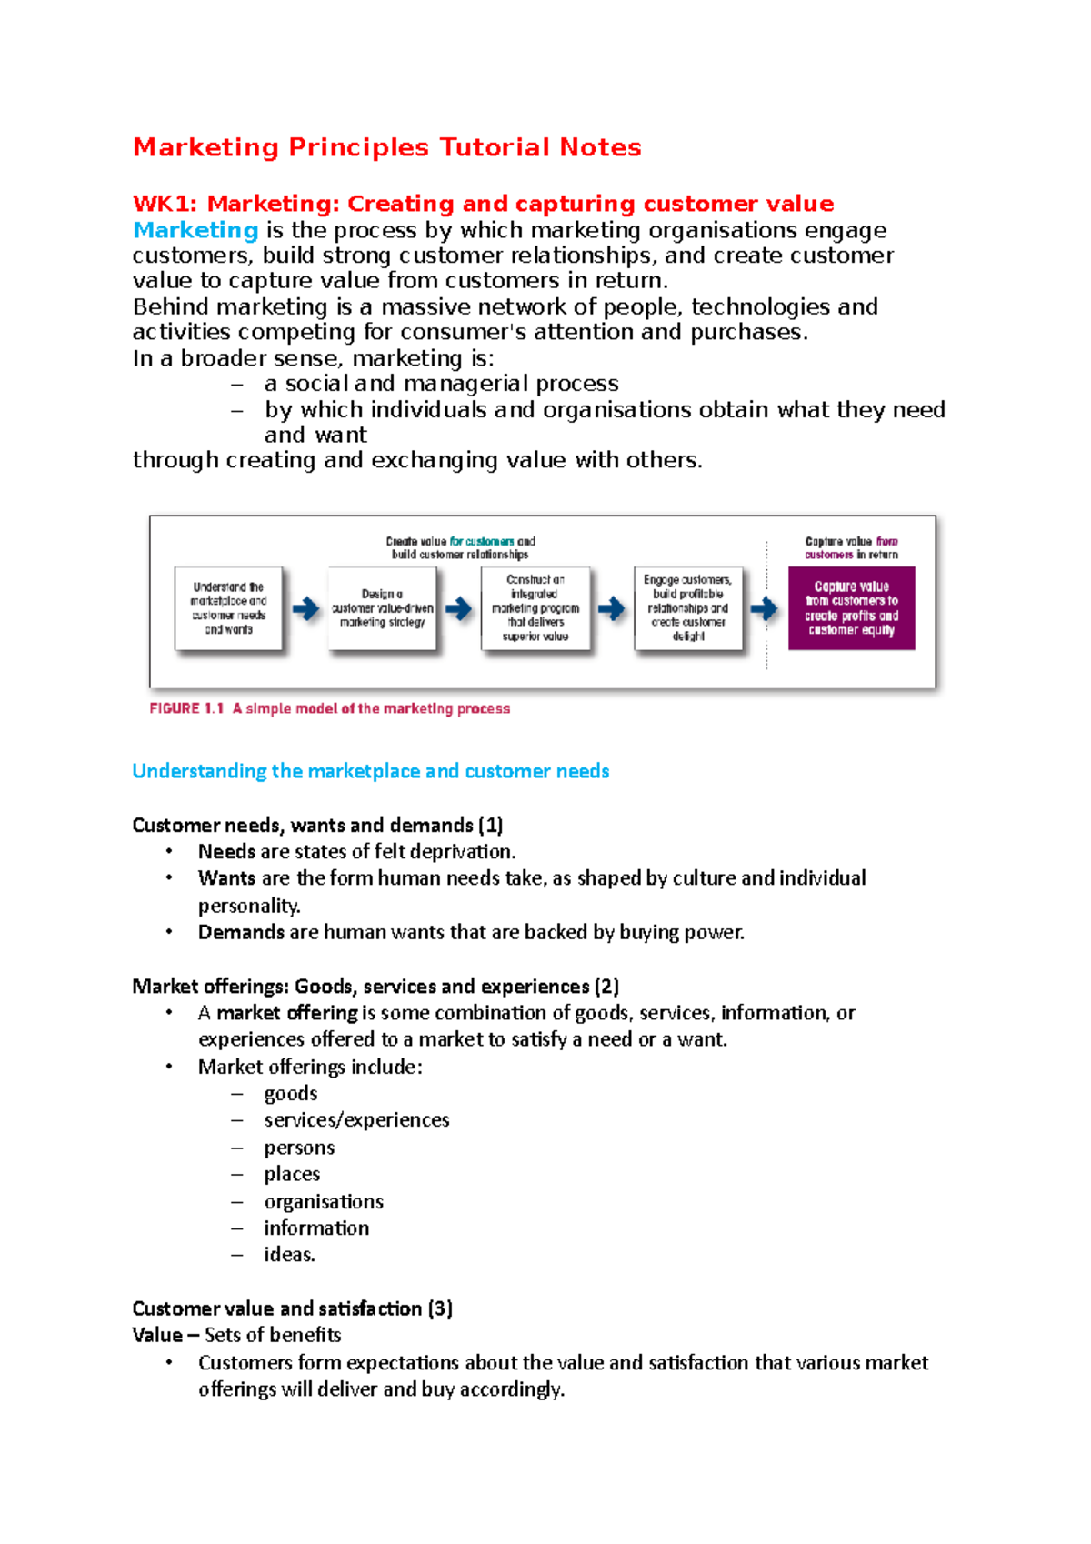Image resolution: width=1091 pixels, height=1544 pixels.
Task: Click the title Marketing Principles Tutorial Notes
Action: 386,147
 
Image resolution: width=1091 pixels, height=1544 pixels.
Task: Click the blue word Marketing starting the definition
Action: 195,230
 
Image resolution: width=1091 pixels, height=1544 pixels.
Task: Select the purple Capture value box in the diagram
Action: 851,607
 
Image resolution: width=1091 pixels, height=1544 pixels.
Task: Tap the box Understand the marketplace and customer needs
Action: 228,607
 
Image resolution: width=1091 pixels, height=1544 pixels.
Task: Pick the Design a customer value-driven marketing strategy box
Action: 382,607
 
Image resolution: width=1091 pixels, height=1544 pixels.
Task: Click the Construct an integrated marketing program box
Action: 535,607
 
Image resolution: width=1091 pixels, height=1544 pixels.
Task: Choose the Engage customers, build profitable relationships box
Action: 688,607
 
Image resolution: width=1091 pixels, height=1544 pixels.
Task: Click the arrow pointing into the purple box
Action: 766,608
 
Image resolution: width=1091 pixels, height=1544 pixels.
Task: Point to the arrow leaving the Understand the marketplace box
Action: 305,608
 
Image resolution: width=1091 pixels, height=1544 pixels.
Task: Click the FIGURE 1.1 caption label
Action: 186,708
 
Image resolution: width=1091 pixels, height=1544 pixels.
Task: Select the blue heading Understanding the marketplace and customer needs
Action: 370,771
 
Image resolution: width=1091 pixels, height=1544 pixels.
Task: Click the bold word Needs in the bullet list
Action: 226,852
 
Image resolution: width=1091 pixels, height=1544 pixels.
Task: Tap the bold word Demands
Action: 241,933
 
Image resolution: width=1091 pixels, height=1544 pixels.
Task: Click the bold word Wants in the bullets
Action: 226,878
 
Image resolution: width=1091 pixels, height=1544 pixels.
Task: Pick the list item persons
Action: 299,1148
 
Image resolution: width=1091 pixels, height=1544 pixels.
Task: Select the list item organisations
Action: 324,1201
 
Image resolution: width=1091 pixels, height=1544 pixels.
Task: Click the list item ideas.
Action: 289,1255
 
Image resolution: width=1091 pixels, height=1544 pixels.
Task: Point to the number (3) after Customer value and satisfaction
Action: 440,1308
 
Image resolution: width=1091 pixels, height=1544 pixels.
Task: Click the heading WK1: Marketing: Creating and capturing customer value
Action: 483,204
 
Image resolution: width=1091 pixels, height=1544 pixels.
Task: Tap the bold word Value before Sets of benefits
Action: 156,1335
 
